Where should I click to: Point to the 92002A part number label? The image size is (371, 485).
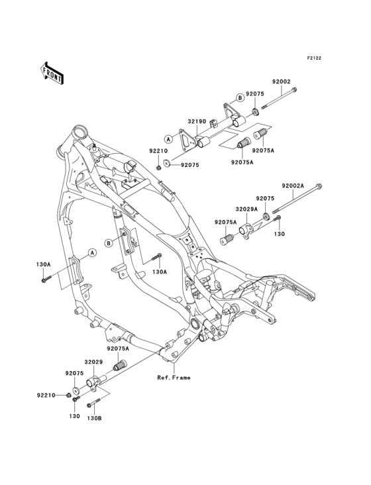point(292,186)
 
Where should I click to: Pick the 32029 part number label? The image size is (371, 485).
point(93,362)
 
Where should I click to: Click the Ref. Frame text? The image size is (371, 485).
point(174,378)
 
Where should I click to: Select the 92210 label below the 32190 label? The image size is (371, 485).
point(158,151)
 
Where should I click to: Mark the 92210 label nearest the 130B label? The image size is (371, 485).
point(46,396)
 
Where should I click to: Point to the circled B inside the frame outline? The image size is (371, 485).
point(107,242)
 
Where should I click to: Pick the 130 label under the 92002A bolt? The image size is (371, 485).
point(280,234)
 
